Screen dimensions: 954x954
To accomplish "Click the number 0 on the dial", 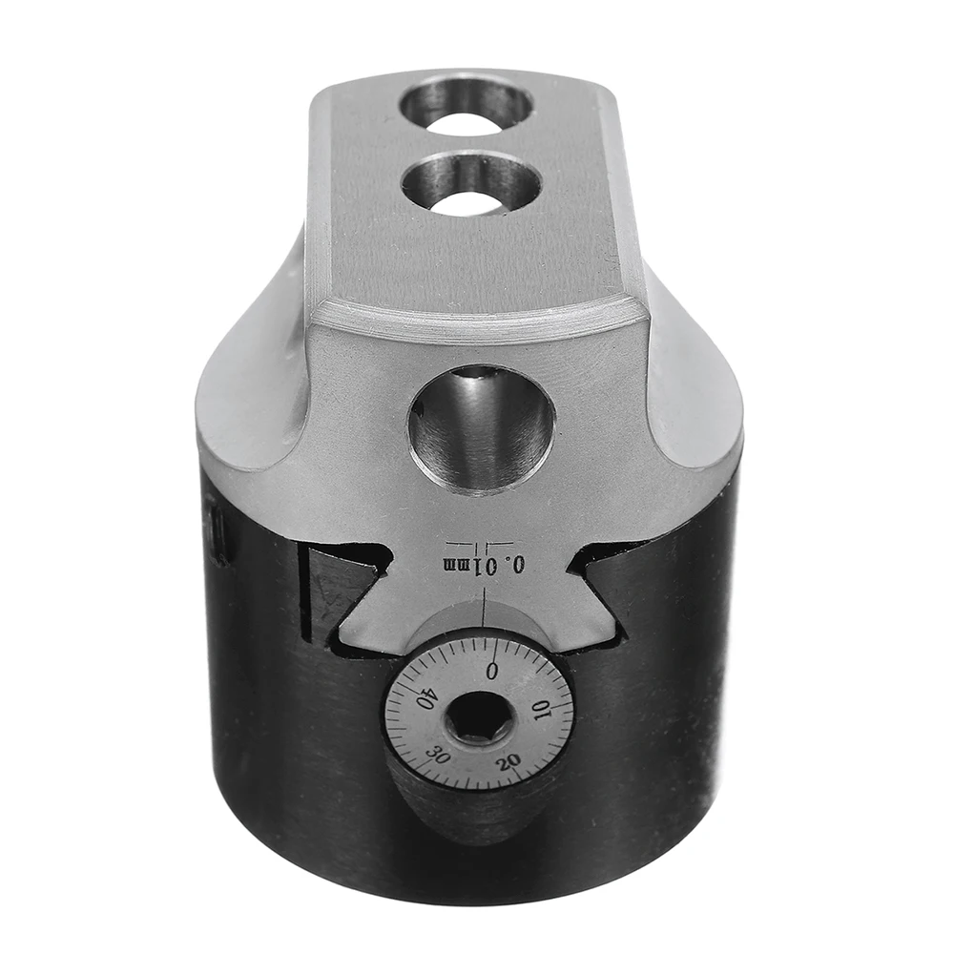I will click(492, 671).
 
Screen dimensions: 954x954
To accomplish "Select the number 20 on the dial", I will click(508, 760).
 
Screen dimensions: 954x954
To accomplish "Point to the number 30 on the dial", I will click(440, 754).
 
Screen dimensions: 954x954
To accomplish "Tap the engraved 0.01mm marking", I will click(485, 566).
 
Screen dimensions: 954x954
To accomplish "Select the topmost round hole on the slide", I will click(467, 104).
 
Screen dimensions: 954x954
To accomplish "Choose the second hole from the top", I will click(470, 183).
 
